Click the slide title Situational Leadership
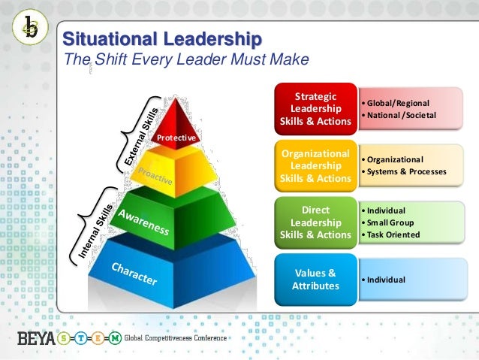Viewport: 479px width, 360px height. point(161,39)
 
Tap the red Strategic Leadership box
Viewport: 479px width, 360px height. point(315,109)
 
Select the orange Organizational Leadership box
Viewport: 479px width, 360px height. point(315,166)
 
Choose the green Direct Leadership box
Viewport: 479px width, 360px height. point(315,222)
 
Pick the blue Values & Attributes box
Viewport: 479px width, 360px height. point(315,280)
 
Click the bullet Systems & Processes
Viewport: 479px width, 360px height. point(406,172)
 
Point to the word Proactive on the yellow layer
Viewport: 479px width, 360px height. point(155,176)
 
